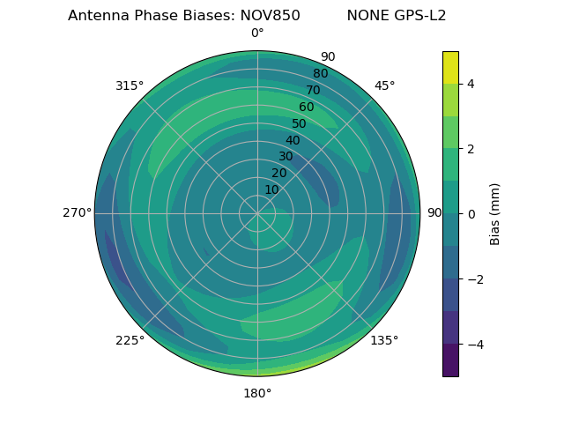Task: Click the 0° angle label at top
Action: coord(257,33)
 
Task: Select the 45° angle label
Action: coord(384,85)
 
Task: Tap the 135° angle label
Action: coord(384,340)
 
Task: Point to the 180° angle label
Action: coord(257,393)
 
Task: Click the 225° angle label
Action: coord(130,340)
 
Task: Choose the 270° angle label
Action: coord(77,213)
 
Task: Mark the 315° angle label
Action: coord(130,85)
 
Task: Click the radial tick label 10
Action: coord(271,189)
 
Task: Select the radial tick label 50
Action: coord(300,123)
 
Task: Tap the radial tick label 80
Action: coord(320,73)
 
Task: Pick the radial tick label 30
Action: coord(286,157)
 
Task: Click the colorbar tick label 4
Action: coord(471,84)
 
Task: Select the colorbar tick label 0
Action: coord(471,213)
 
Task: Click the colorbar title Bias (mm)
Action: coord(495,213)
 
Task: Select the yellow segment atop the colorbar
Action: coord(450,67)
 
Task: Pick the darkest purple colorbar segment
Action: coord(450,360)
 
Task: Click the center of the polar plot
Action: coord(257,213)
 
